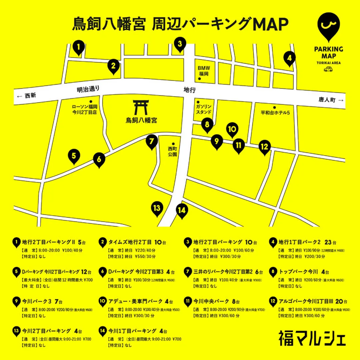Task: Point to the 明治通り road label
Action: coord(88,89)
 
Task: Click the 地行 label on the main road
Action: coord(189,90)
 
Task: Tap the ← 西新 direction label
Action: coord(26,96)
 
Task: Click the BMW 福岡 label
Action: coord(203,70)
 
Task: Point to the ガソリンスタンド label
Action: coord(203,109)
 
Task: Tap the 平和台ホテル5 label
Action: coord(275,113)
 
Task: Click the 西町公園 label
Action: coord(173,152)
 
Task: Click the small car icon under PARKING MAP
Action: coord(328,69)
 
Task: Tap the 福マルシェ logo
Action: coord(312,338)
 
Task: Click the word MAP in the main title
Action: coord(270,24)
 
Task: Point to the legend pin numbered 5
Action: coord(16,272)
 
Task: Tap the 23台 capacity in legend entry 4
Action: coord(330,242)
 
